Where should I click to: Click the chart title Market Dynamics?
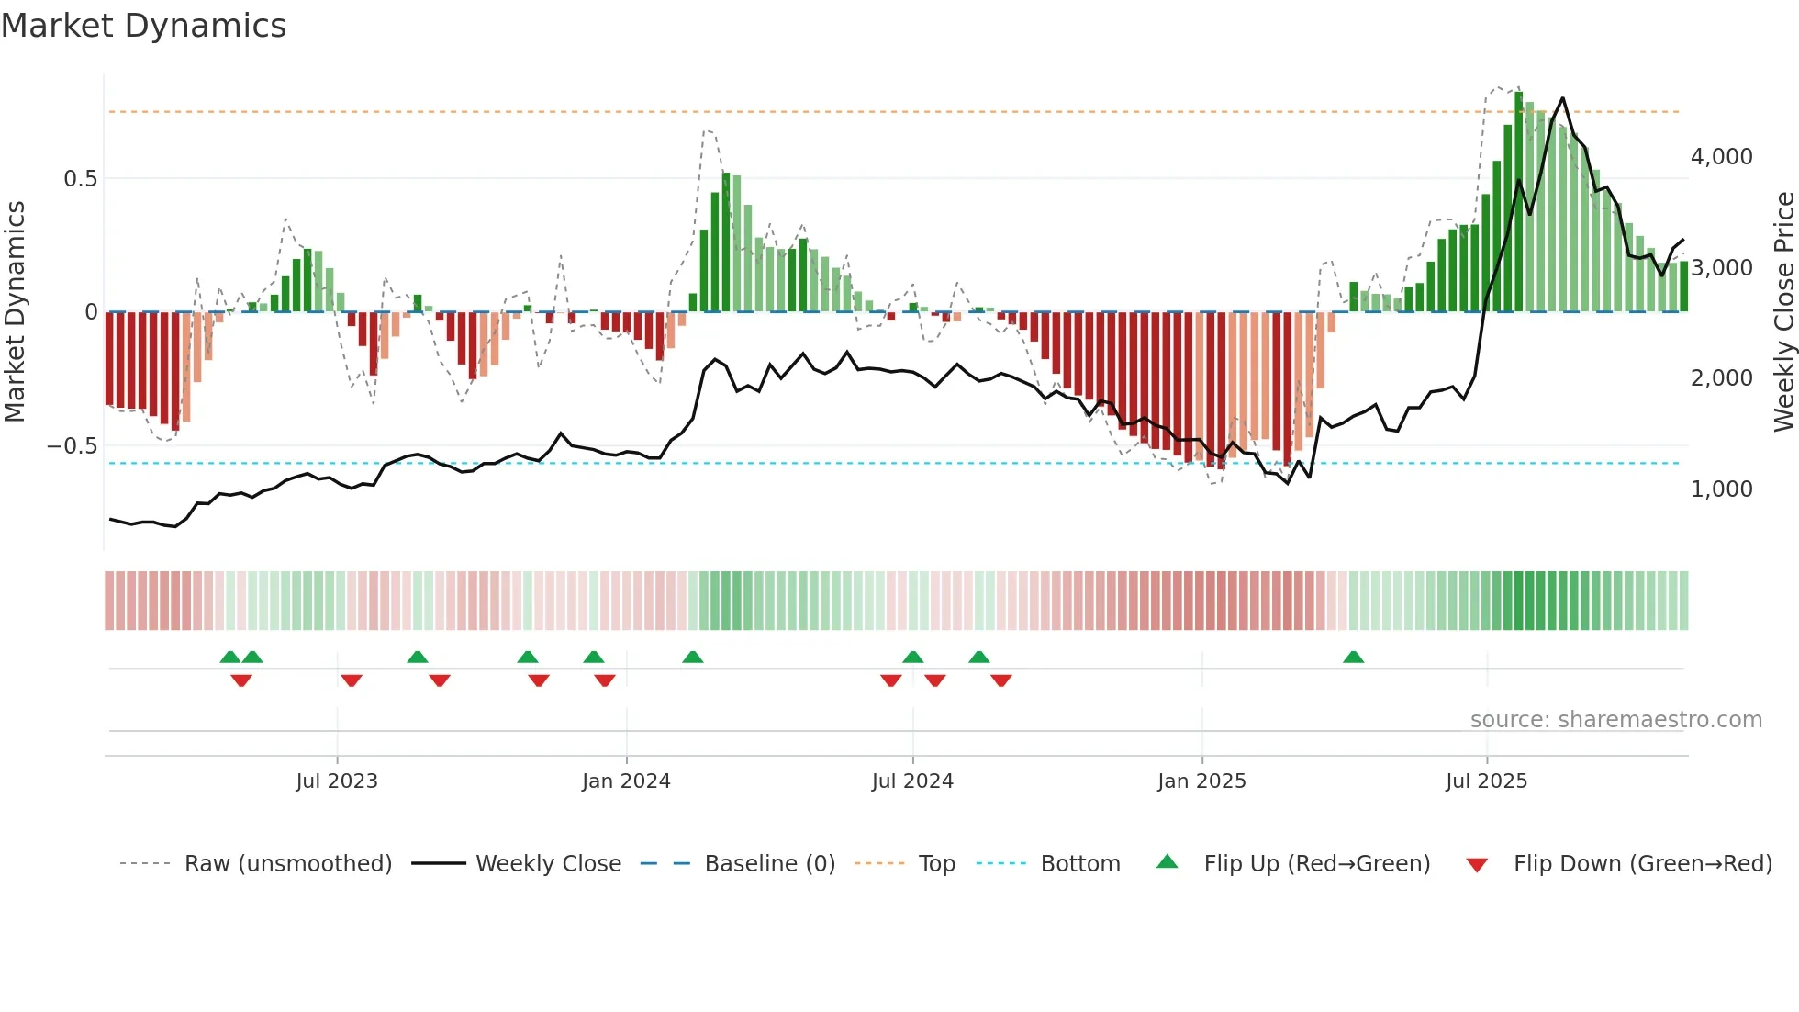click(x=143, y=26)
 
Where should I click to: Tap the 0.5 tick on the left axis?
click(x=80, y=178)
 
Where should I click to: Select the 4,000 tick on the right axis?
click(x=1721, y=157)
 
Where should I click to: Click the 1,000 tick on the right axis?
click(x=1721, y=489)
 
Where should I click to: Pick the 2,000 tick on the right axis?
click(x=1721, y=378)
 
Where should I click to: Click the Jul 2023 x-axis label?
click(x=337, y=781)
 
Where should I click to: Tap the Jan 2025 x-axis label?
click(x=1201, y=781)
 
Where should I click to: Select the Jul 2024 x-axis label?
click(x=912, y=781)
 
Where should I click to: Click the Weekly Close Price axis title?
click(x=1783, y=312)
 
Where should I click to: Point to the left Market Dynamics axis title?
click(x=15, y=312)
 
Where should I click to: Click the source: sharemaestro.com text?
click(x=1615, y=720)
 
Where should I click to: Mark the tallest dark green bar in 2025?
click(x=1518, y=202)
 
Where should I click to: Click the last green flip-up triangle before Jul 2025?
click(x=1353, y=658)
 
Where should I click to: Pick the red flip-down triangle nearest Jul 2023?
click(x=352, y=680)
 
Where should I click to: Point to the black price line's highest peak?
click(x=1562, y=98)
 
